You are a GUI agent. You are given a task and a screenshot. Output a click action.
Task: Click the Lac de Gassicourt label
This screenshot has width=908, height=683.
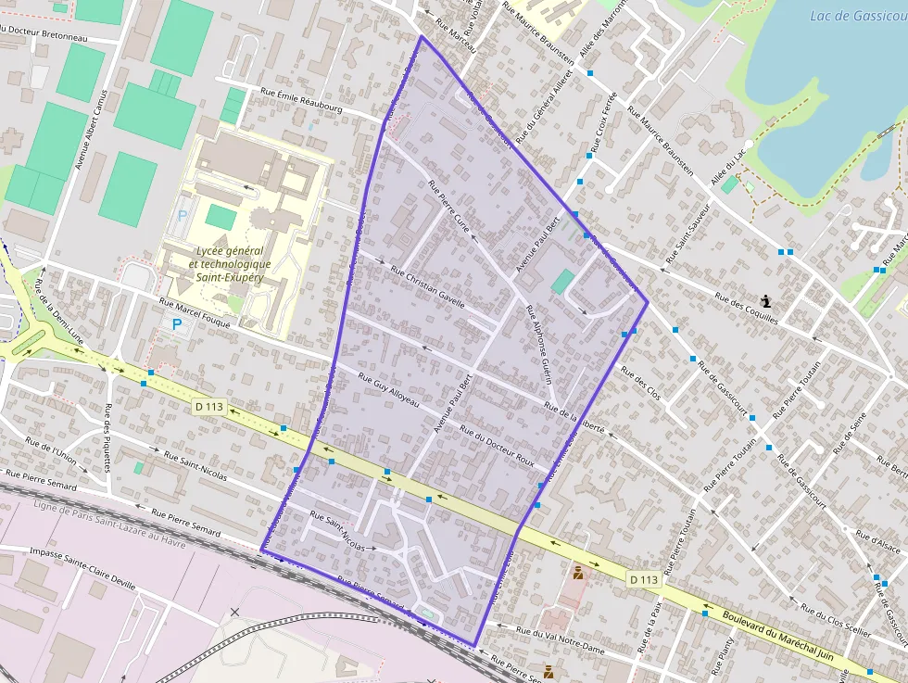point(858,16)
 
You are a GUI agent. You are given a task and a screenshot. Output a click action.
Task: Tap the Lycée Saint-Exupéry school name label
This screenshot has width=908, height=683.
point(230,264)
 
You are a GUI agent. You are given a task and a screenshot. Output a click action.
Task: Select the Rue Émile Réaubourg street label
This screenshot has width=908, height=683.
point(302,100)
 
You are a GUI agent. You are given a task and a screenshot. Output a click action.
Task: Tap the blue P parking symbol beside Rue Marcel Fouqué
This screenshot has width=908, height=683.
point(176,324)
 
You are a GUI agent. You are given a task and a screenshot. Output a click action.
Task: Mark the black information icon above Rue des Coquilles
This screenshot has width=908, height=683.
point(766,301)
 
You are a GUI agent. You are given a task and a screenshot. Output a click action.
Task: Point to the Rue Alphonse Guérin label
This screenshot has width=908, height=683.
point(538,344)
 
